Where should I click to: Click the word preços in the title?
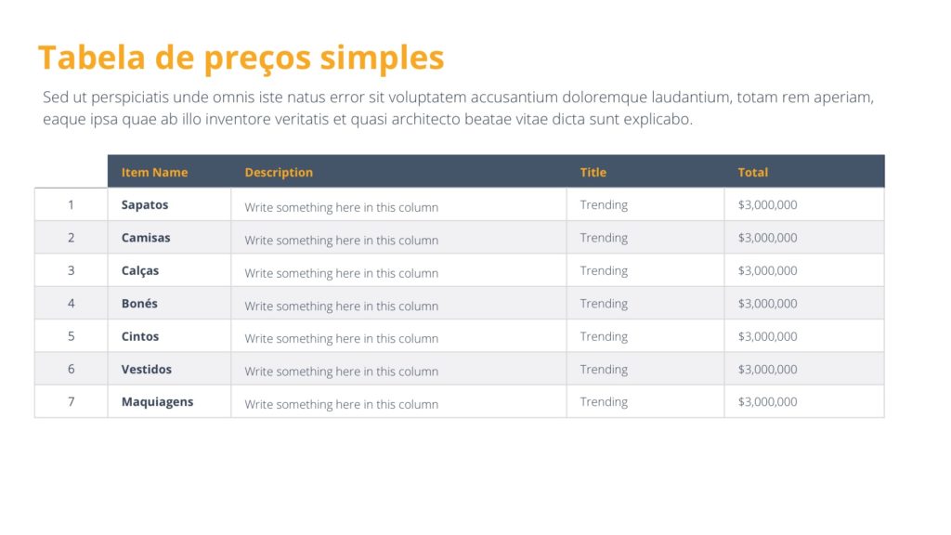point(257,59)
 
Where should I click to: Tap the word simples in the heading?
point(382,59)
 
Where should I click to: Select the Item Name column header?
point(155,172)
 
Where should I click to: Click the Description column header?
point(279,172)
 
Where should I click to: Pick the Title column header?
point(593,172)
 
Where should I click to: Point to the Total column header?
point(752,172)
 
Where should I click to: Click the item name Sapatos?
point(145,205)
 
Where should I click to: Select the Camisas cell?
point(146,238)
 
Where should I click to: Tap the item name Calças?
point(140,271)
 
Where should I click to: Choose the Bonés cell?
point(139,304)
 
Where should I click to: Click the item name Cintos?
point(140,336)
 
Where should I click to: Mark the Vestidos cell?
point(146,370)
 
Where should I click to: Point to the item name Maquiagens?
point(157,402)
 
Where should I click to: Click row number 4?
point(71,304)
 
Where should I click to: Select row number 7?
point(71,401)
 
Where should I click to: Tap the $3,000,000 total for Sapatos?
point(767,205)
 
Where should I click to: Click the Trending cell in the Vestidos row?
point(604,370)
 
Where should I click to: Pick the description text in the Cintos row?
point(342,338)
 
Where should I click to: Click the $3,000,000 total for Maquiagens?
point(767,401)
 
